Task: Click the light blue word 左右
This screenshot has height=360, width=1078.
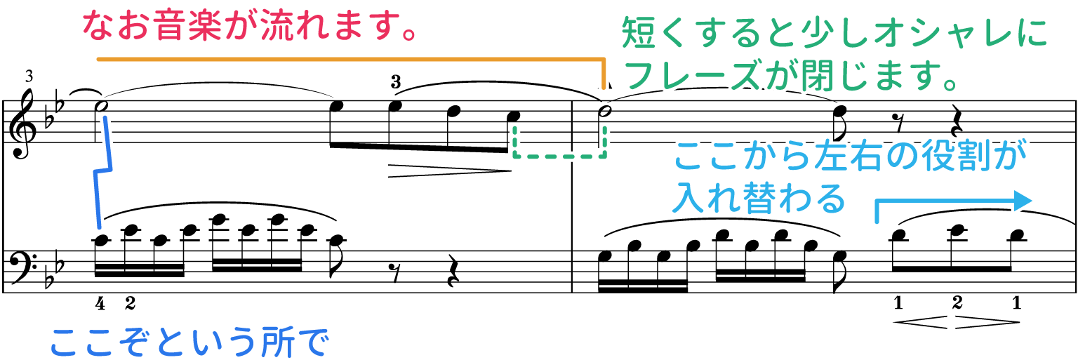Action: (x=842, y=156)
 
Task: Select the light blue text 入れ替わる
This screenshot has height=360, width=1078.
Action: (x=758, y=199)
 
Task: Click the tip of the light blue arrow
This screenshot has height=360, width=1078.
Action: (x=1036, y=201)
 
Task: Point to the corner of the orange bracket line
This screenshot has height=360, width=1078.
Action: (x=603, y=60)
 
